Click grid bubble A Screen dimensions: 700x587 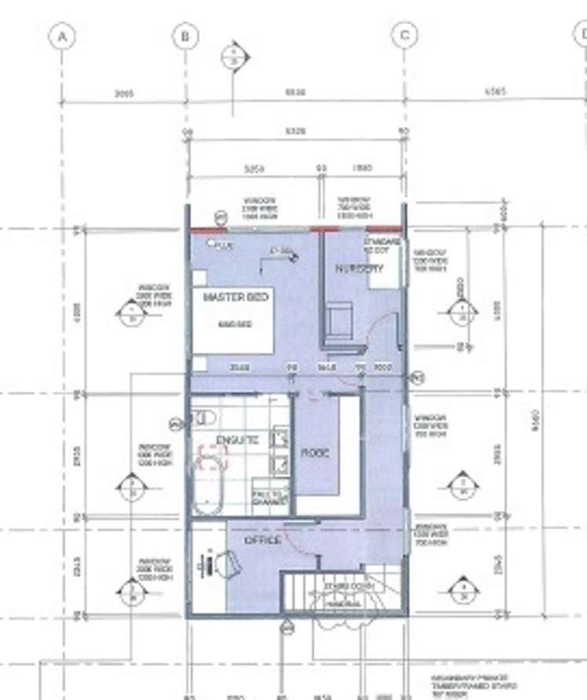point(61,36)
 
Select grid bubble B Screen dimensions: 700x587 point(186,36)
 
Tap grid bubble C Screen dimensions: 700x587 point(404,36)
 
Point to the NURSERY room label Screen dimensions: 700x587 point(360,268)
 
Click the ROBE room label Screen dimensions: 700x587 point(315,453)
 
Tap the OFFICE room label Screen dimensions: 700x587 point(263,541)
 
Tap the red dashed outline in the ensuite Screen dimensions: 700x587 point(212,457)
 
